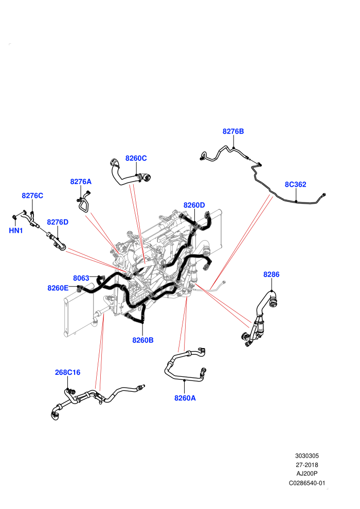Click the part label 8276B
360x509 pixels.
coord(233,132)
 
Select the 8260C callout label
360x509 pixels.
coord(136,158)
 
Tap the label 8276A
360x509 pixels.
coord(81,182)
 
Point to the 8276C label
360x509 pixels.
coord(32,196)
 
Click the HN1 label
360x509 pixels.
coord(15,231)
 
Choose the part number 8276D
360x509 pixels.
coord(58,222)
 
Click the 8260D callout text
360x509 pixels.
coord(194,206)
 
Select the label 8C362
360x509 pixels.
coord(295,185)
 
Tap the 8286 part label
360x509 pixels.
coord(272,275)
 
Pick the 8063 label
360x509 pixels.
coord(81,278)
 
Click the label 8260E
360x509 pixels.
coord(58,288)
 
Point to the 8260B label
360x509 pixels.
coord(143,340)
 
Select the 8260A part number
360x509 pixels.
coord(185,398)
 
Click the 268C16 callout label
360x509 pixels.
coord(67,373)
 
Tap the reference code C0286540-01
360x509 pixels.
coord(307,483)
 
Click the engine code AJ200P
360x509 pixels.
coord(307,474)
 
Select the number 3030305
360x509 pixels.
coord(307,456)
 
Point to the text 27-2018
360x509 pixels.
coord(307,465)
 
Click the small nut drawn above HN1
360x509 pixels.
coord(14,217)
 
